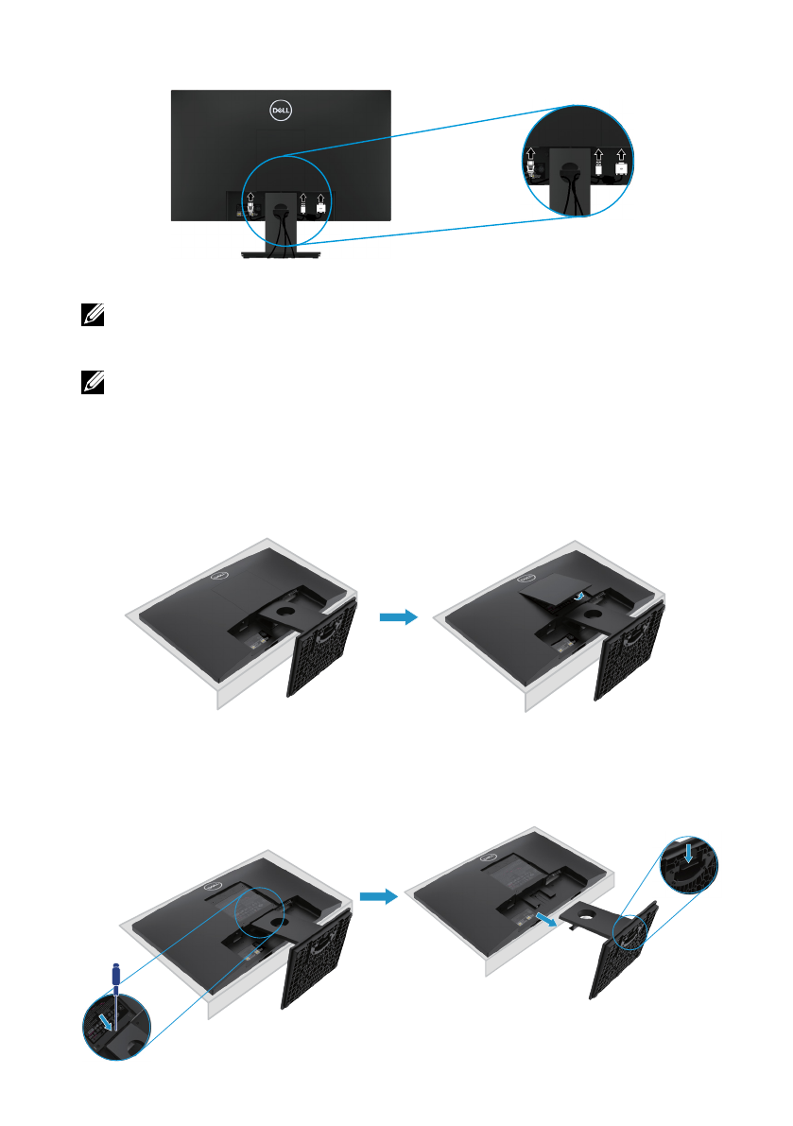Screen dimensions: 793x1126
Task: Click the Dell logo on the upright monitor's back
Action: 281,110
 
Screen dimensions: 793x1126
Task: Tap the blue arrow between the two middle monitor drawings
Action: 398,617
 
